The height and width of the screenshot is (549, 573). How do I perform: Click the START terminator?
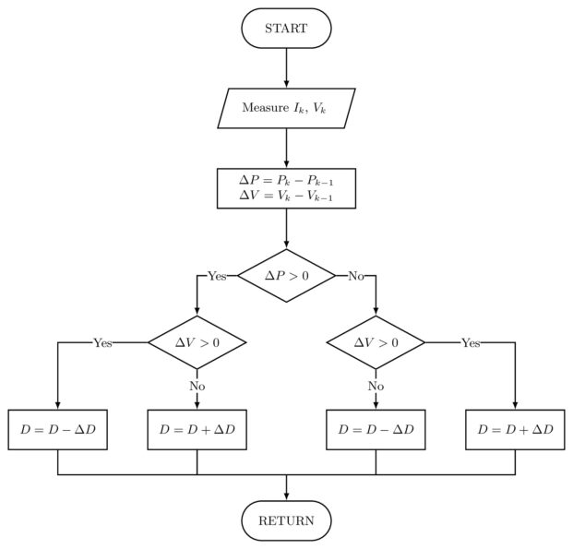286,29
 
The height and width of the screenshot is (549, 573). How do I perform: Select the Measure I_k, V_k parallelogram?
286,108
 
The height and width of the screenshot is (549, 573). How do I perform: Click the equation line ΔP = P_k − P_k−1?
286,179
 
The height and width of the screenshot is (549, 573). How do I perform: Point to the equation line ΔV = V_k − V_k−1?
286,197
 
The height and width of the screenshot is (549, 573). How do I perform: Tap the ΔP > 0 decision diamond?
286,276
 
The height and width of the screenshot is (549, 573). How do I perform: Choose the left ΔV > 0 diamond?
197,342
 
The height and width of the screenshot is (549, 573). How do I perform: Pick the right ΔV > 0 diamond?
376,342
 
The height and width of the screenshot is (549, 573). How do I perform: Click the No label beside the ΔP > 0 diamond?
355,276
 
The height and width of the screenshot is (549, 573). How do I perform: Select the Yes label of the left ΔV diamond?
102,342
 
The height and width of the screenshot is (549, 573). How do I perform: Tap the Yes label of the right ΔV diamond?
471,342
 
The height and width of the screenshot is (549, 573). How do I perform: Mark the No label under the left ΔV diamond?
197,386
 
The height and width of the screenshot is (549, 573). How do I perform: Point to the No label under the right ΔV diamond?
376,386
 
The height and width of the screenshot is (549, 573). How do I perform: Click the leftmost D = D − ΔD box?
58,430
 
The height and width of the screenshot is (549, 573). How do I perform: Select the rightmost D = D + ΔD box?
515,430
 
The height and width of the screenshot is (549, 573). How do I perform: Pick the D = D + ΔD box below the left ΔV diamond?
197,430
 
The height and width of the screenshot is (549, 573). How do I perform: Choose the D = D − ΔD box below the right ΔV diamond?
376,430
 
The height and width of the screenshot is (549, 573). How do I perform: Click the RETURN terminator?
286,520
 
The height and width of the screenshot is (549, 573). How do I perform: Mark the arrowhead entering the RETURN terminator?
286,496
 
